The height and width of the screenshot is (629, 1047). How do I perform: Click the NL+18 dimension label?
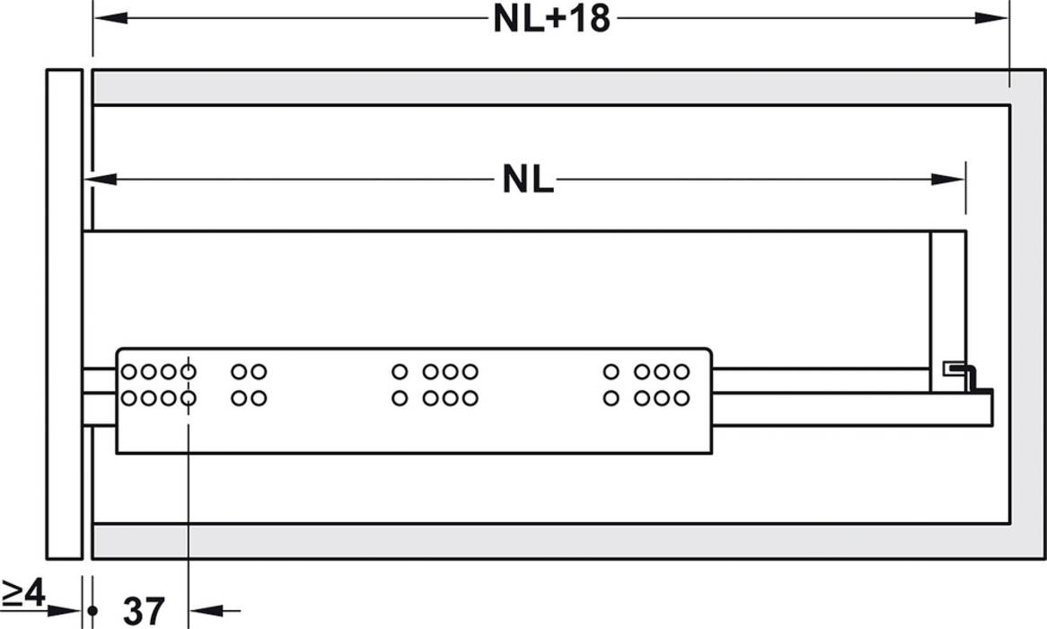(x=550, y=19)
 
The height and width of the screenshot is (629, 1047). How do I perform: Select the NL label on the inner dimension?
(x=527, y=181)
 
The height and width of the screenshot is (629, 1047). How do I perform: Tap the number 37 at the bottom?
(x=144, y=612)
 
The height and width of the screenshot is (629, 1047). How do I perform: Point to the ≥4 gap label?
(x=22, y=592)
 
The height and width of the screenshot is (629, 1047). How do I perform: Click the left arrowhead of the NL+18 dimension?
(x=107, y=18)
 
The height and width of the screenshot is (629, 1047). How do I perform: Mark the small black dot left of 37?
(x=92, y=611)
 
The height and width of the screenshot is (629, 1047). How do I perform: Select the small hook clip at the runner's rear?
(x=962, y=373)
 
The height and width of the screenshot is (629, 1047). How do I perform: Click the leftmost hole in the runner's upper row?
(x=129, y=371)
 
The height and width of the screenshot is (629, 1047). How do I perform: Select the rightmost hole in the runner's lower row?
(x=682, y=398)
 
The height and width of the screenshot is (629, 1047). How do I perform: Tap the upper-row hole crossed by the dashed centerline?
(x=189, y=371)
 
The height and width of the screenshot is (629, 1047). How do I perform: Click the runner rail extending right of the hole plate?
(x=817, y=380)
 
